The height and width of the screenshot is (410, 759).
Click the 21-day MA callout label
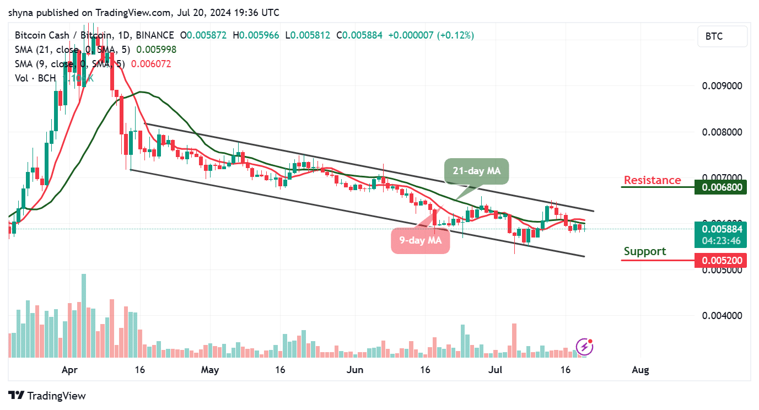coord(476,171)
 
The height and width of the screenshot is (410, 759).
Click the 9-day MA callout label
coord(420,240)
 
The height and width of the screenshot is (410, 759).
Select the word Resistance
coord(652,180)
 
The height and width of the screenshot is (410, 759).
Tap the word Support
coord(644,251)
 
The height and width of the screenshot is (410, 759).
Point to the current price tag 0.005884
coord(721,229)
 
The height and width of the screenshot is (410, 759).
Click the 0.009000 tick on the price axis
coord(722,86)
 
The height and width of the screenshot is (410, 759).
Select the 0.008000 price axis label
coord(722,132)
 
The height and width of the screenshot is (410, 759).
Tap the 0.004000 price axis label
coord(722,316)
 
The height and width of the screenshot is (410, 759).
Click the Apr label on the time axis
coord(70,370)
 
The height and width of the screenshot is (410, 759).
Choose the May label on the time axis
coord(209,370)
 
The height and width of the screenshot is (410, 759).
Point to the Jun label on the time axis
coord(354,370)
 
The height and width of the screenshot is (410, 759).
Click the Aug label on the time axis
coord(639,370)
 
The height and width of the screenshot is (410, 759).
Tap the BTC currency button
coord(722,37)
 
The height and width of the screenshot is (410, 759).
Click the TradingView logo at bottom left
coord(47,396)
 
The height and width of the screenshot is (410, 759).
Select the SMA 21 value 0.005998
coord(157,50)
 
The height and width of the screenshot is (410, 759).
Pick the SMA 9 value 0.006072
coord(151,64)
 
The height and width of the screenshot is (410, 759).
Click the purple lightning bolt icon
coord(584,347)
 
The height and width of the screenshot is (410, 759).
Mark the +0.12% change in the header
coord(455,35)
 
